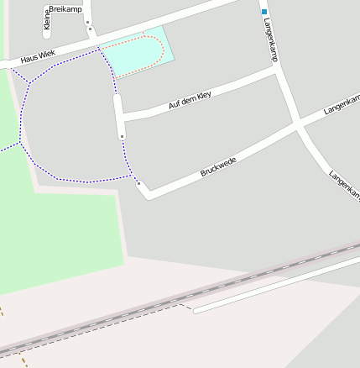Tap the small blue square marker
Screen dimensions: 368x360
263,11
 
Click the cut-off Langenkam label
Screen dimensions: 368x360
344,186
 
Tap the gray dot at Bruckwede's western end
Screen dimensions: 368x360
138,183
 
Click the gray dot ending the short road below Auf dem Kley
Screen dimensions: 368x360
123,135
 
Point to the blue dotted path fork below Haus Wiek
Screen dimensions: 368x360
31,82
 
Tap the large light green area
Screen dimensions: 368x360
50,235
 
